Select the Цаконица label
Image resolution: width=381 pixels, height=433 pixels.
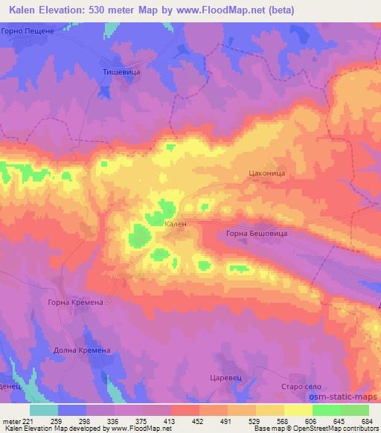pyautogui.click(x=266, y=173)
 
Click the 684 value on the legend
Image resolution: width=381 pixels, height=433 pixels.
pyautogui.click(x=368, y=420)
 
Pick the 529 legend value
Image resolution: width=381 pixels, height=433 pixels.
pyautogui.click(x=255, y=420)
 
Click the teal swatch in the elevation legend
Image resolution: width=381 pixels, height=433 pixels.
pyautogui.click(x=45, y=410)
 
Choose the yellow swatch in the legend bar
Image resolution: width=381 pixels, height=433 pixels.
pyautogui.click(x=298, y=410)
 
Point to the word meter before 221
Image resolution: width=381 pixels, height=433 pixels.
pyautogui.click(x=13, y=420)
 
